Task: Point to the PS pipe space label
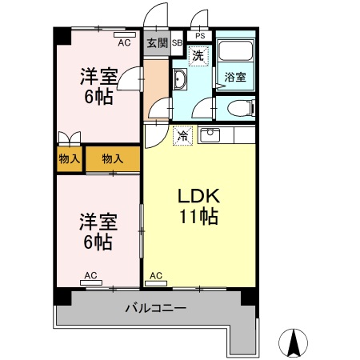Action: (199, 36)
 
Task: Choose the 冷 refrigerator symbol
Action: (183, 135)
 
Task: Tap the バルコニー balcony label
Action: (156, 307)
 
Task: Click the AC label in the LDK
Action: (156, 276)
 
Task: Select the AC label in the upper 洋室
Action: (123, 43)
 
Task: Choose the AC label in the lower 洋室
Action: (90, 276)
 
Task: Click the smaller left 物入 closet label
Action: (69, 159)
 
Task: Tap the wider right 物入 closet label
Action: (112, 159)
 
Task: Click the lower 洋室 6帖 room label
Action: (97, 231)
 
